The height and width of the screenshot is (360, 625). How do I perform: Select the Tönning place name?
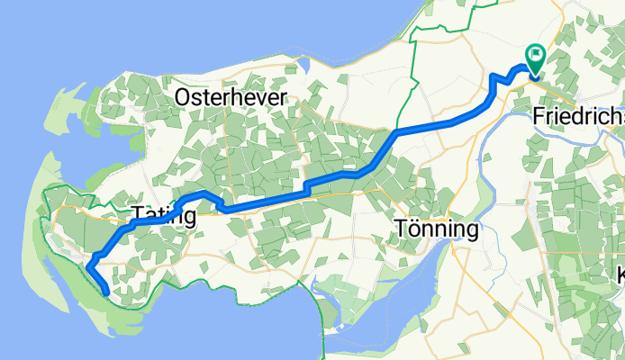coord(437,229)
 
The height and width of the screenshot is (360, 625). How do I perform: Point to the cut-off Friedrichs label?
coord(577,117)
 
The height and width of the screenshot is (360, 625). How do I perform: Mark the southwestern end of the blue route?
coord(107,292)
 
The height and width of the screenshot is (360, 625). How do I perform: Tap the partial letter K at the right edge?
coord(620,274)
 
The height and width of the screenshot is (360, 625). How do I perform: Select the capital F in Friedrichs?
coord(539,117)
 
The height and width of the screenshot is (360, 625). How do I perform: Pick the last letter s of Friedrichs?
coord(617,117)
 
